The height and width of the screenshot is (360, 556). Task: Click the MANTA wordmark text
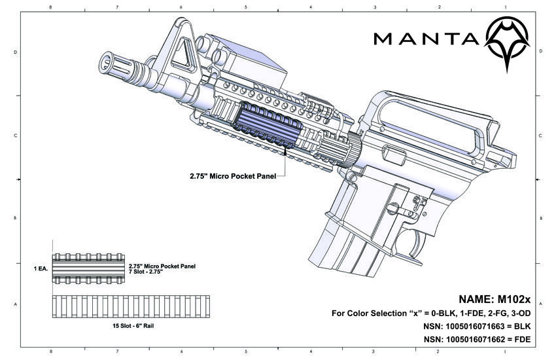pyautogui.click(x=426, y=39)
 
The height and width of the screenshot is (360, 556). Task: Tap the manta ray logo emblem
pyautogui.click(x=507, y=43)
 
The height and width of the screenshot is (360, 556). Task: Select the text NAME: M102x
pyautogui.click(x=495, y=299)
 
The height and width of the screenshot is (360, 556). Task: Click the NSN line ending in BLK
pyautogui.click(x=477, y=327)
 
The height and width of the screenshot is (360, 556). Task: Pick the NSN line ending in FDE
pyautogui.click(x=477, y=340)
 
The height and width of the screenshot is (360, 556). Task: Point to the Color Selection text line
pyautogui.click(x=431, y=313)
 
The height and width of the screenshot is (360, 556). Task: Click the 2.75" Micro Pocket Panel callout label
pyautogui.click(x=233, y=176)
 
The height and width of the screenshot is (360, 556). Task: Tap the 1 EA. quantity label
pyautogui.click(x=41, y=269)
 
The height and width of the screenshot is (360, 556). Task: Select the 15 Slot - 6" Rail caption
pyautogui.click(x=133, y=326)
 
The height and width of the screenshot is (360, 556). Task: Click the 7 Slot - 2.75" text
pyautogui.click(x=146, y=272)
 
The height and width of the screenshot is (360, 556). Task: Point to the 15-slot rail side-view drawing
pyautogui.click(x=131, y=306)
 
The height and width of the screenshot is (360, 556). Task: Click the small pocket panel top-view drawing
pyautogui.click(x=88, y=268)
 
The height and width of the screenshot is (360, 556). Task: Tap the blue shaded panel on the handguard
pyautogui.click(x=267, y=125)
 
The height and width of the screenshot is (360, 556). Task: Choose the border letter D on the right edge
pyautogui.click(x=540, y=51)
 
